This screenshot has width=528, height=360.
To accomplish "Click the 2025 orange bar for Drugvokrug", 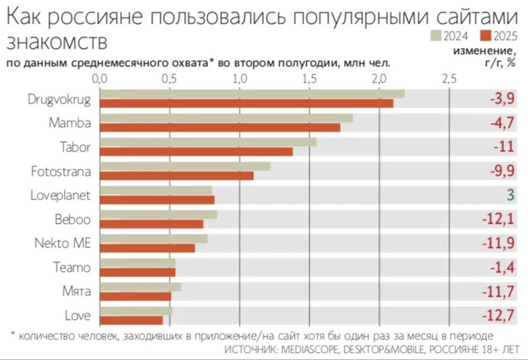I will (247, 103).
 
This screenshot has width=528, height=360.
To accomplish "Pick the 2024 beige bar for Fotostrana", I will (185, 166).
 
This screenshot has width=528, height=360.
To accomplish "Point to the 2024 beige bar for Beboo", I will (158, 214).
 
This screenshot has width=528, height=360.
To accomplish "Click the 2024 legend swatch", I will (436, 36).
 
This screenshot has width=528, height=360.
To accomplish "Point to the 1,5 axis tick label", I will (309, 79).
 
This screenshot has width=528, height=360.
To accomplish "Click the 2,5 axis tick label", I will (449, 79).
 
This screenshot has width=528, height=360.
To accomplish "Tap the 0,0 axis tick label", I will (100, 79).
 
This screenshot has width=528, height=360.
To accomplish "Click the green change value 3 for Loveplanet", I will (510, 195).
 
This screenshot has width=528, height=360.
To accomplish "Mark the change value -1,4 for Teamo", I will (502, 268).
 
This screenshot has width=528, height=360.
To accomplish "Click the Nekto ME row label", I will (62, 243).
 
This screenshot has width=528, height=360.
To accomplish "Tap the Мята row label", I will (77, 291).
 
